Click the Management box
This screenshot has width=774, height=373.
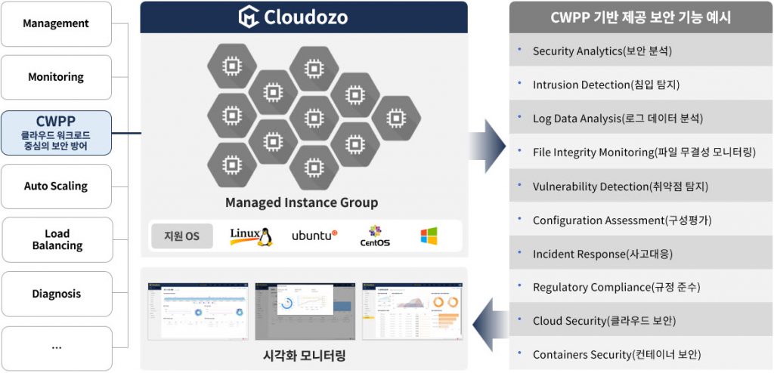coord(56,23)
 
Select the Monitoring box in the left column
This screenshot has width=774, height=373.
coord(56,77)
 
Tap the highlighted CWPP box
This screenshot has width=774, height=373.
coord(56,133)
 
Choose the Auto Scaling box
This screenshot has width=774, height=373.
coord(56,186)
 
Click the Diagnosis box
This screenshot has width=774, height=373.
coord(56,294)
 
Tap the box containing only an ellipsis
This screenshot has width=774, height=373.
coord(56,347)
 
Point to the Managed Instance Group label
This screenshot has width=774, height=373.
coord(302,202)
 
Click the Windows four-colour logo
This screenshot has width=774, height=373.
coord(429,236)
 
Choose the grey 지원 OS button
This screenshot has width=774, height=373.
coord(181,236)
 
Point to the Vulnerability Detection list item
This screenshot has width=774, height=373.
coord(620,186)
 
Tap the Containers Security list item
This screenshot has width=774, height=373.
coord(616,354)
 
